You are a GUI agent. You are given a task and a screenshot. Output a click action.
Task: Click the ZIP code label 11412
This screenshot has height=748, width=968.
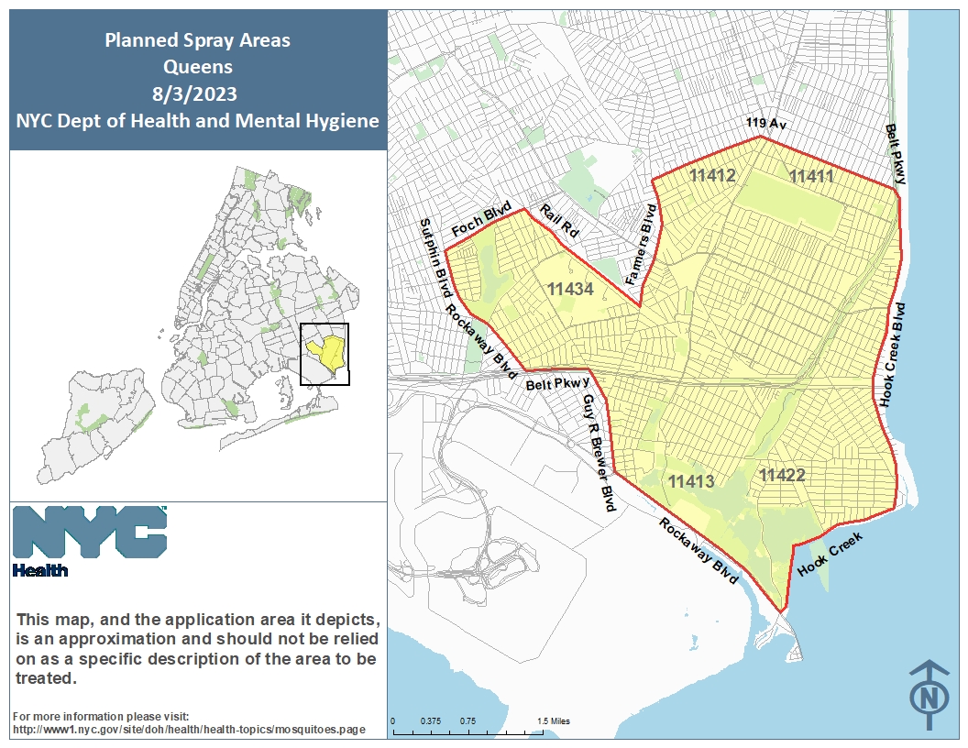(713, 175)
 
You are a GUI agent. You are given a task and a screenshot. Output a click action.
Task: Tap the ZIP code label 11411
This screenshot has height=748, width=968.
(811, 176)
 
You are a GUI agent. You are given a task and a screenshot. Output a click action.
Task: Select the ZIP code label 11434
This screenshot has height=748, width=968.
(571, 290)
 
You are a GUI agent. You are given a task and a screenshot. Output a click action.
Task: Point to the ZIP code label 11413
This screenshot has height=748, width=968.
(690, 481)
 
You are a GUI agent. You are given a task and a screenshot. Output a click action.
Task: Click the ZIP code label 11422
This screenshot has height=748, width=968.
(782, 475)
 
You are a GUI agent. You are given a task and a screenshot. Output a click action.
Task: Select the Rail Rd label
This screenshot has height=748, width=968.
(558, 223)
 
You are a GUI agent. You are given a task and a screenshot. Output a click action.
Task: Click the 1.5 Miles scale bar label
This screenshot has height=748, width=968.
(553, 721)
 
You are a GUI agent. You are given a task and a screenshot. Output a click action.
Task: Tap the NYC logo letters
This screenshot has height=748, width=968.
(90, 533)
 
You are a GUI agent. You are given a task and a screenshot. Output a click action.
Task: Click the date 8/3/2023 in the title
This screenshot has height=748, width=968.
(196, 93)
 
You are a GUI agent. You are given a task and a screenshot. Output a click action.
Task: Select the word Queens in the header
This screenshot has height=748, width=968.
(197, 67)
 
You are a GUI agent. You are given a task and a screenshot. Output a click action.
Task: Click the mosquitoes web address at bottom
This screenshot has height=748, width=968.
(189, 730)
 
